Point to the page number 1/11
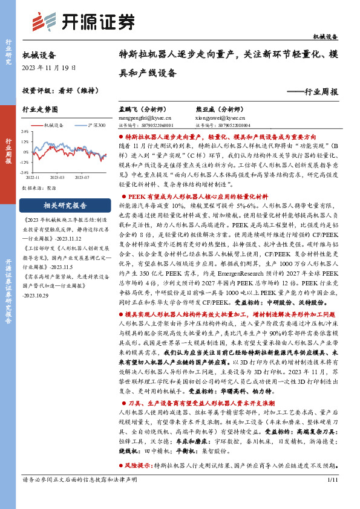pos(331,497)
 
